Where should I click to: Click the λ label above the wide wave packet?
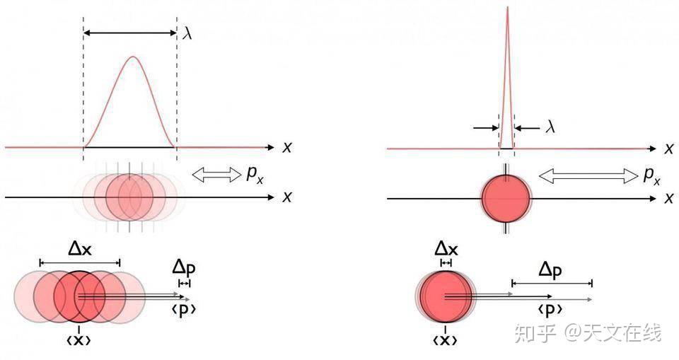click(187, 33)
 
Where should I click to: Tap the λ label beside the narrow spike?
click(551, 127)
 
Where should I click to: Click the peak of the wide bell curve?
click(132, 57)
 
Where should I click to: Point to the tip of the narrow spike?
click(507, 8)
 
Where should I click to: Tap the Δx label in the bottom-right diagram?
click(446, 248)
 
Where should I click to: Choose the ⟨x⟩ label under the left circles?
click(79, 340)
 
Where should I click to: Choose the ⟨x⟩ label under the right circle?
click(445, 340)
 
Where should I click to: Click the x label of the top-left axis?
click(287, 147)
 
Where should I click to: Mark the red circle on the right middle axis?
click(506, 198)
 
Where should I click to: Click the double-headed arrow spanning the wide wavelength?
click(130, 33)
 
